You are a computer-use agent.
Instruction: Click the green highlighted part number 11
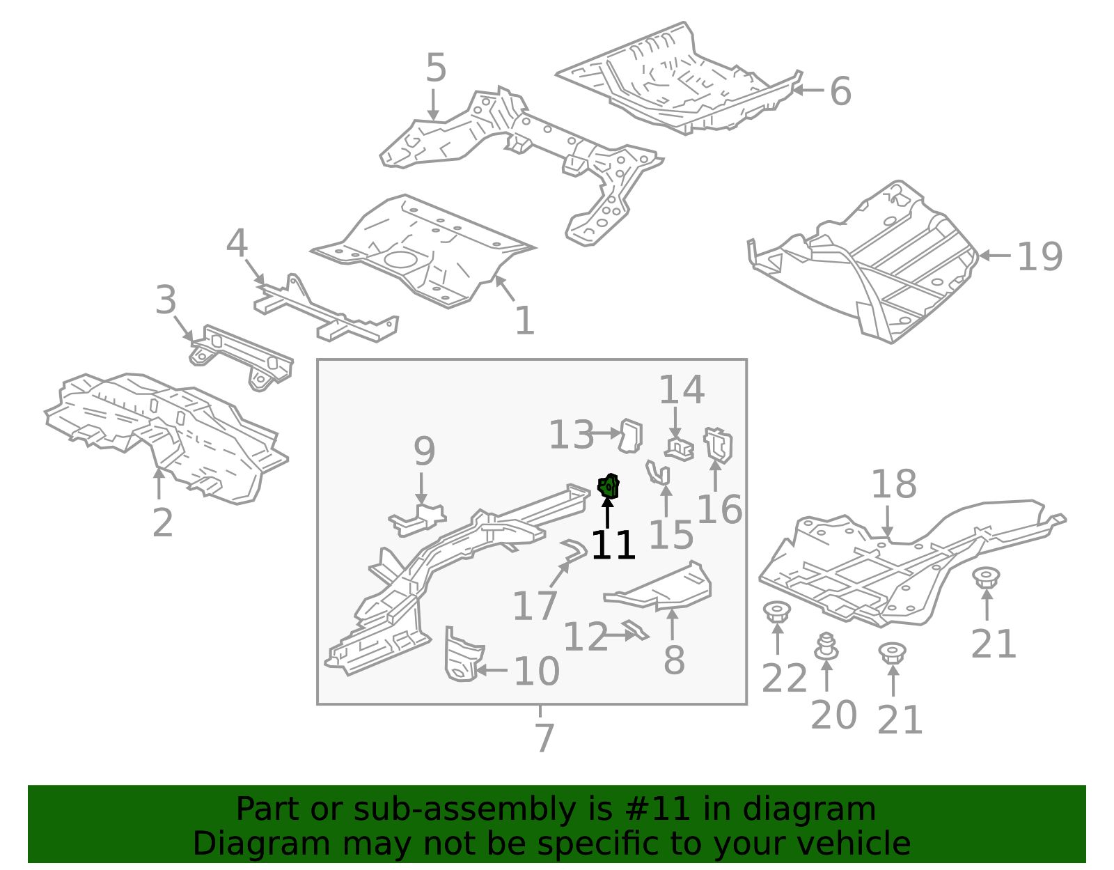(609, 486)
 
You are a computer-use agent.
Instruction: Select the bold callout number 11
(613, 545)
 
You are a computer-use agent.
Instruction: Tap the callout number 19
(1039, 257)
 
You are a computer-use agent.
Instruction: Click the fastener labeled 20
(826, 647)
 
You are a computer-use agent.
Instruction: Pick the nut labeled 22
(776, 612)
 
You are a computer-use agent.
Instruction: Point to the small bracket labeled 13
(631, 435)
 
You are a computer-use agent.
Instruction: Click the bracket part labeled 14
(679, 448)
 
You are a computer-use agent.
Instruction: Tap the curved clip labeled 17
(575, 550)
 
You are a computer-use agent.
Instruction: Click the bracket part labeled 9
(418, 520)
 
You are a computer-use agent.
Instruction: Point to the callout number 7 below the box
(544, 738)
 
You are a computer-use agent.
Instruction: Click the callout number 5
(436, 68)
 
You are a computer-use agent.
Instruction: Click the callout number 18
(893, 484)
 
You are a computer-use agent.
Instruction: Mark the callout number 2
(162, 522)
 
